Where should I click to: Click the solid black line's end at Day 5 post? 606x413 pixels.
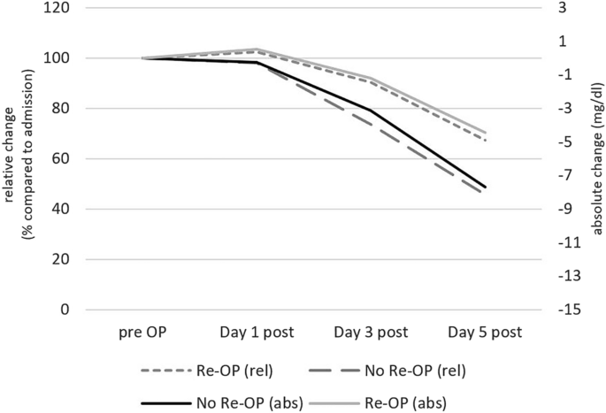point(486,187)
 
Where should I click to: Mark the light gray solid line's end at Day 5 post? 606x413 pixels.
point(486,133)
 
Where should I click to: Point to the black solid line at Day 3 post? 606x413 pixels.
point(371,111)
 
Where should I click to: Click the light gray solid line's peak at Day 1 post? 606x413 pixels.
point(257,49)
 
